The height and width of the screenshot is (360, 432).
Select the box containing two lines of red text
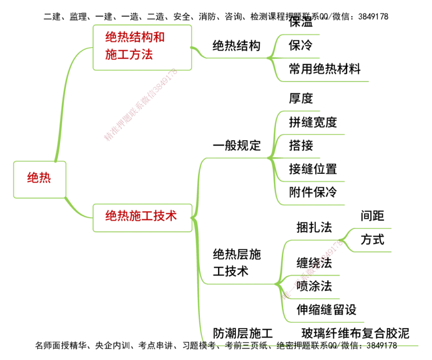[x=143, y=47]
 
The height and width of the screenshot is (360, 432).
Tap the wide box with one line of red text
[x=141, y=218]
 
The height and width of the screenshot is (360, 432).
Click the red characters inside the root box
[x=39, y=177]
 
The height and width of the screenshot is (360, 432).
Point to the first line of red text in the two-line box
[x=134, y=37]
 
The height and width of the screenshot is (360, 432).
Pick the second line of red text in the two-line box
[x=130, y=55]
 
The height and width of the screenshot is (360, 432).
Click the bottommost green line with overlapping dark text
[x=310, y=344]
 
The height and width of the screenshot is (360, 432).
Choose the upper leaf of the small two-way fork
[x=373, y=229]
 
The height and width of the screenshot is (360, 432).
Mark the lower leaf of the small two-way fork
[x=373, y=252]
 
